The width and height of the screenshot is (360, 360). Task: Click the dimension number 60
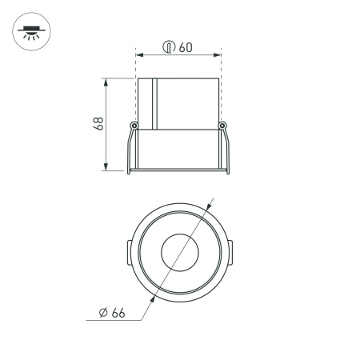[186, 47]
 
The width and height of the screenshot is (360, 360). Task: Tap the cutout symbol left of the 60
[169, 47]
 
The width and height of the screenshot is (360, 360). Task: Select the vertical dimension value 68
[98, 124]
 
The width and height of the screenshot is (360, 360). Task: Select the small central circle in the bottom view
[179, 254]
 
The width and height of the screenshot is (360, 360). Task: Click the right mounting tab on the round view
[230, 254]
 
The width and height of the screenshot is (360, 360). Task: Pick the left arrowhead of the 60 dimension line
[140, 55]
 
